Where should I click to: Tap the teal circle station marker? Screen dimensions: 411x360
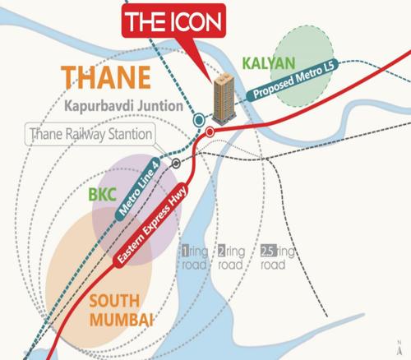(199, 120)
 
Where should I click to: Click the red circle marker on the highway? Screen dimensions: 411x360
(210, 131)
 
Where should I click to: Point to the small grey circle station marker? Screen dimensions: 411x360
(176, 163)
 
